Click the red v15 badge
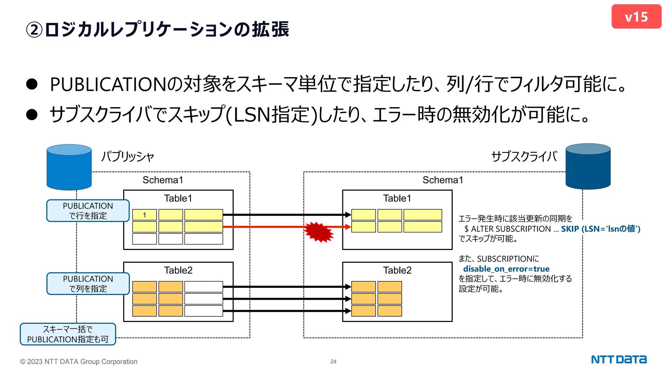636,17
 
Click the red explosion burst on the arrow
319,232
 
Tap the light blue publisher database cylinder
69,167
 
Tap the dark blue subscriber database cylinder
588,167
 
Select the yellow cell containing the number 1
144,215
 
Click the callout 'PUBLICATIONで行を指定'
88,211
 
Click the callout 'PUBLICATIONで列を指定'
88,284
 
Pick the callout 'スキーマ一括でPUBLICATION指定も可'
68,334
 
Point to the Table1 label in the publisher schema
178,198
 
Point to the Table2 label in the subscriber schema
397,270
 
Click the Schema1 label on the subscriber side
443,180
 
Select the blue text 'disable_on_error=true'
506,269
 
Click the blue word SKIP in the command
570,229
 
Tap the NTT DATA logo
618,360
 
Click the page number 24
333,362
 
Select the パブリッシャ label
127,157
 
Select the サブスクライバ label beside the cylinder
524,157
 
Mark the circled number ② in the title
34,30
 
